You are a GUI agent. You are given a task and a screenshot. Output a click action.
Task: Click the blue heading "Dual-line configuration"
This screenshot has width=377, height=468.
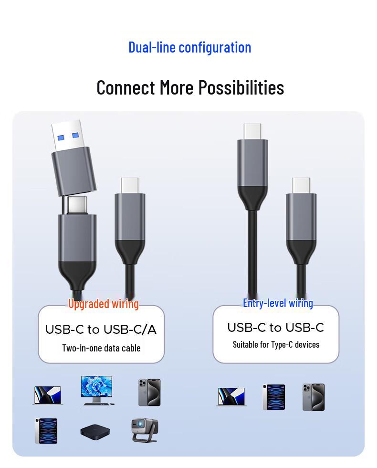coord(189,47)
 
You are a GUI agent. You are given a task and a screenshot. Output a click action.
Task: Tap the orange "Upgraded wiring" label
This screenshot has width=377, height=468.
coord(103,304)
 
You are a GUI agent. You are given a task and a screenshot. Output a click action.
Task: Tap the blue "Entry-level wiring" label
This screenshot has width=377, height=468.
coord(278,303)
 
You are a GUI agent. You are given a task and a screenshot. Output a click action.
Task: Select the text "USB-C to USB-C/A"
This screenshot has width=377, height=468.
coord(101,330)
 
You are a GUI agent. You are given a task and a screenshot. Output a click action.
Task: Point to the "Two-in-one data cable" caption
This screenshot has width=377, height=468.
coord(101,348)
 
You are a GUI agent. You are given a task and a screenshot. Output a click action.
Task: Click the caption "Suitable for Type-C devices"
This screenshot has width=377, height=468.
coord(276,344)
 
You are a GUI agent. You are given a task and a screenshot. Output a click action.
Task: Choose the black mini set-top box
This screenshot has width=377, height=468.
coord(95,432)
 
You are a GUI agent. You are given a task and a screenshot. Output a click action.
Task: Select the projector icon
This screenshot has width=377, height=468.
coord(144,430)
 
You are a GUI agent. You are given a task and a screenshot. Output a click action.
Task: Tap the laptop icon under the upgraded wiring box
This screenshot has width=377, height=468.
coord(48,395)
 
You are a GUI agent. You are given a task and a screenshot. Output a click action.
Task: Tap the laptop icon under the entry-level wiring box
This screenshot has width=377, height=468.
coord(231,397)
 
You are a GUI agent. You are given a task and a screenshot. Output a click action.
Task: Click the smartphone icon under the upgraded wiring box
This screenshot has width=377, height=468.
coord(149,393)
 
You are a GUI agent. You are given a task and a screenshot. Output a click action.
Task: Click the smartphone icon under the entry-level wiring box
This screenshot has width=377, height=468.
coord(313,397)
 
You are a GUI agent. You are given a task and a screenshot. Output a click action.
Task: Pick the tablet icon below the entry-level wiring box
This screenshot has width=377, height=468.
coord(273,397)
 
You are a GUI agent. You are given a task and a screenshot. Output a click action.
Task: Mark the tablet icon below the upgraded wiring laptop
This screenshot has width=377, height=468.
coord(46,431)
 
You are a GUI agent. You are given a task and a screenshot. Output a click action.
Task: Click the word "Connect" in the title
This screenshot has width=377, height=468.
coord(126,88)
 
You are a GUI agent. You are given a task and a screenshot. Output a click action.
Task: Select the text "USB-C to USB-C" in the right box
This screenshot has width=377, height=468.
coord(275,328)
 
